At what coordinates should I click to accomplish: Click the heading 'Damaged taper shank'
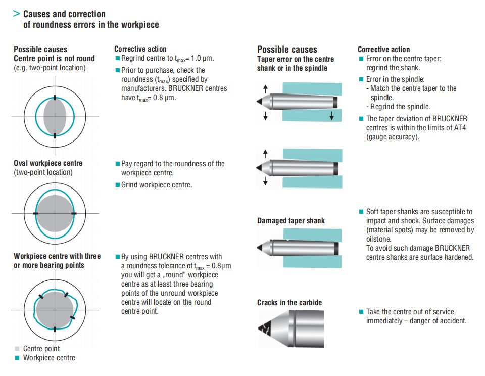[290, 220]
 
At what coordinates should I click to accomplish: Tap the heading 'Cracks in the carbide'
[289, 302]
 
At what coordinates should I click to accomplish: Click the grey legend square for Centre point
[17, 349]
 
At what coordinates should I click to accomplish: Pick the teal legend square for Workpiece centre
[17, 358]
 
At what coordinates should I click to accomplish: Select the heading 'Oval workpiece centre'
[48, 163]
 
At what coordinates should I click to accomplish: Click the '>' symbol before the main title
[16, 14]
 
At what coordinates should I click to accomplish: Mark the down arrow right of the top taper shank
[331, 117]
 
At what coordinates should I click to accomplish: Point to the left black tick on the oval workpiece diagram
[35, 214]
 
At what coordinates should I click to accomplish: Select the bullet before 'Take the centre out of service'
[361, 312]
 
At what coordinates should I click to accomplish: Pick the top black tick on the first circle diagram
[55, 98]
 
